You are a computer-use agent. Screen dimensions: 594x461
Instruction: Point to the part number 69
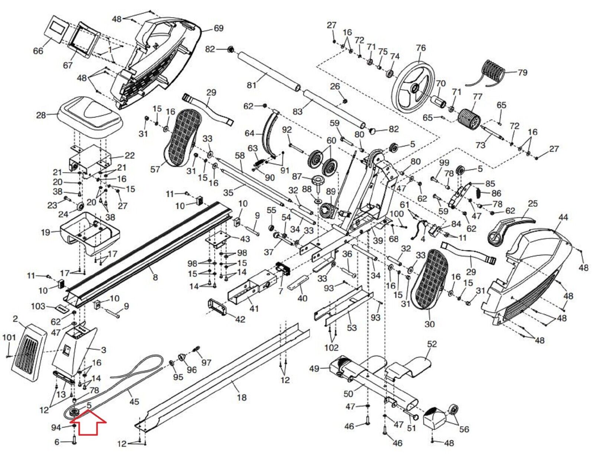pyautogui.click(x=218, y=28)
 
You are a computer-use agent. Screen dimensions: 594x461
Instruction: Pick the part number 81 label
pyautogui.click(x=251, y=85)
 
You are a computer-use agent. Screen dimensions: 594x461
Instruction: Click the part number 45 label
pyautogui.click(x=134, y=402)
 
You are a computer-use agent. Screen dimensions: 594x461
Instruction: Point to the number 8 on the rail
pyautogui.click(x=155, y=278)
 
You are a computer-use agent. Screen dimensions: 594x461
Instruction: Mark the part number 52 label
pyautogui.click(x=432, y=344)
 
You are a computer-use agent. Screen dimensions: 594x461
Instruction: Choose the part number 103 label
pyautogui.click(x=38, y=306)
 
